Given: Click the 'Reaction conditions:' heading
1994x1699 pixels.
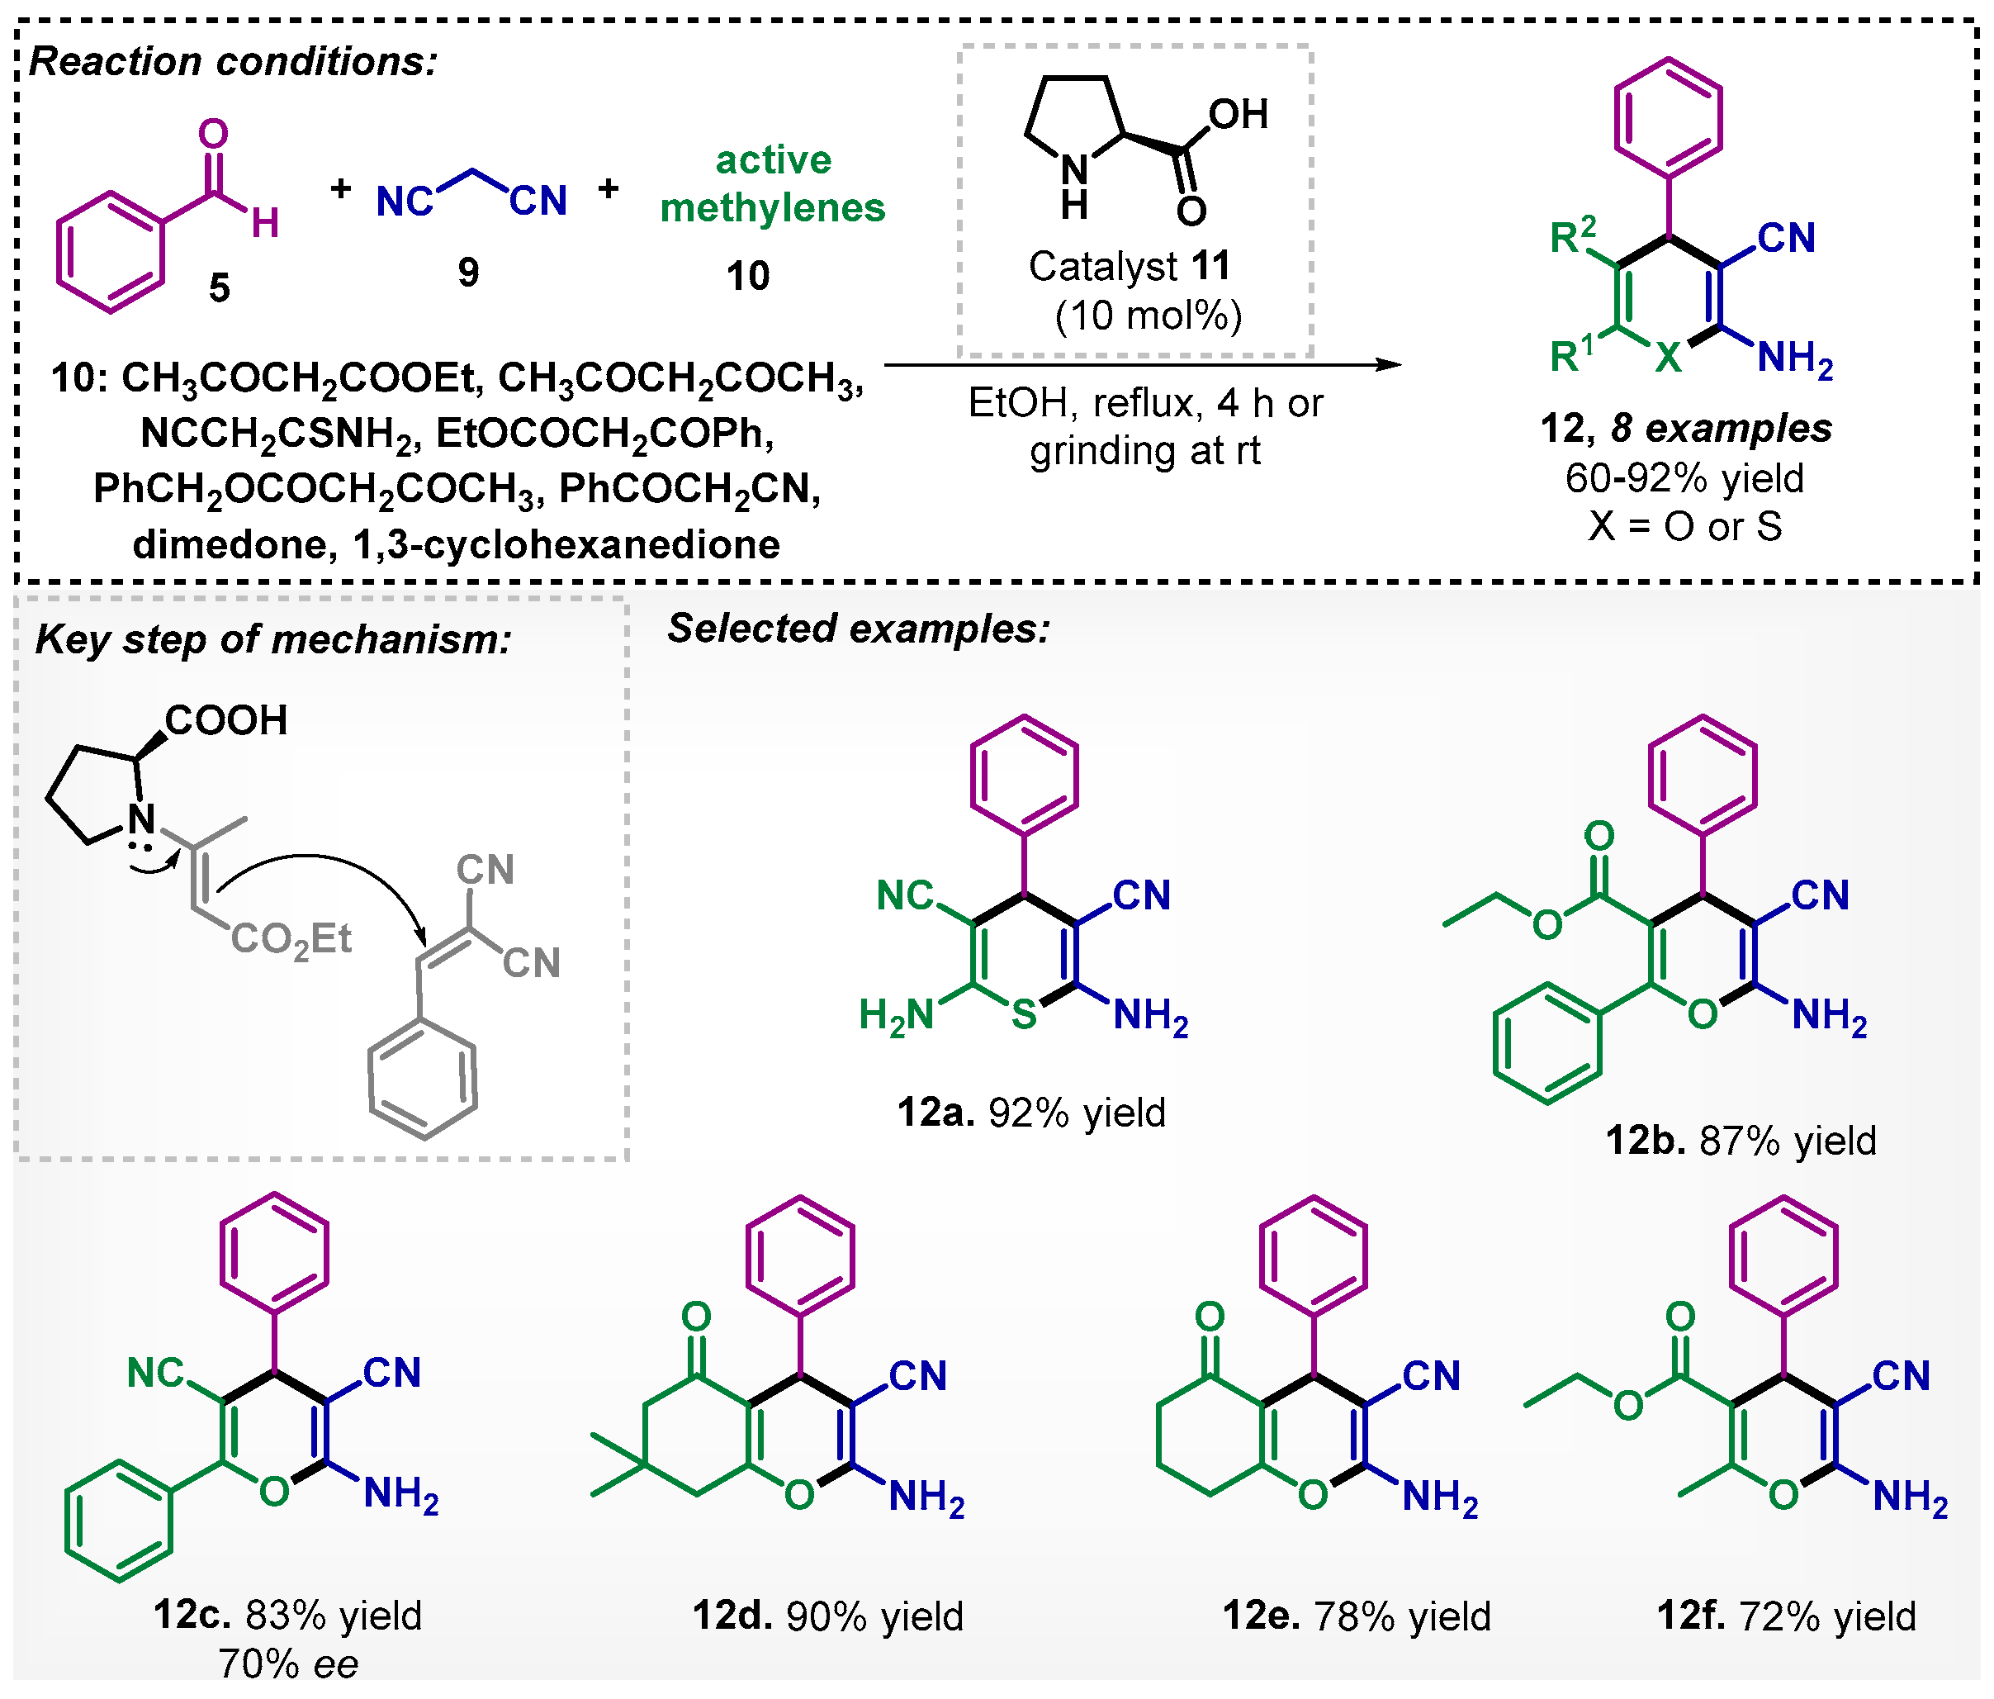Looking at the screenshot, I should pyautogui.click(x=234, y=62).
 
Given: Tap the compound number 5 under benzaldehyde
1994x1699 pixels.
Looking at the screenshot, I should pyautogui.click(x=220, y=287).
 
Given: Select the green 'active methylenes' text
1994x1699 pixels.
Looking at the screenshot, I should pyautogui.click(x=773, y=183).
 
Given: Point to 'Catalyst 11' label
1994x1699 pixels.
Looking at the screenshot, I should pyautogui.click(x=1129, y=266).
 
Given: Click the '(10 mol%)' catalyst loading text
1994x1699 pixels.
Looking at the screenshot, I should pyautogui.click(x=1148, y=315).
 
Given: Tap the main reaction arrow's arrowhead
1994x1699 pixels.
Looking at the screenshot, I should pyautogui.click(x=1389, y=365).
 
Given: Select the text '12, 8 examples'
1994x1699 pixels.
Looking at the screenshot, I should pyautogui.click(x=1686, y=429).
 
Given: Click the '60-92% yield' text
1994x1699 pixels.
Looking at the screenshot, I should pyautogui.click(x=1684, y=477).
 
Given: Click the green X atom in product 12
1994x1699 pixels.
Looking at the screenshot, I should pyautogui.click(x=1668, y=358).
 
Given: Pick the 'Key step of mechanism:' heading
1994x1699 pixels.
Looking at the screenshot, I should pyautogui.click(x=273, y=639).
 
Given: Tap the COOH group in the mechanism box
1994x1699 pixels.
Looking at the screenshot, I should pyautogui.click(x=226, y=720).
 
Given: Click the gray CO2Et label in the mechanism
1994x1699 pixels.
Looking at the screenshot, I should pyautogui.click(x=291, y=939).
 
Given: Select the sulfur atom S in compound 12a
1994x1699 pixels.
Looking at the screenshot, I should pyautogui.click(x=1024, y=1013).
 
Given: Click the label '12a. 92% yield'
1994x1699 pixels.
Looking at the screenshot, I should pyautogui.click(x=1030, y=1112).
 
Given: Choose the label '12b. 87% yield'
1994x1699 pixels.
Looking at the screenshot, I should pyautogui.click(x=1740, y=1140).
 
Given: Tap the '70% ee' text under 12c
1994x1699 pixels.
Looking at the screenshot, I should pyautogui.click(x=287, y=1663).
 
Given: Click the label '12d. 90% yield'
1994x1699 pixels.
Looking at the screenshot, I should pyautogui.click(x=827, y=1616).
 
